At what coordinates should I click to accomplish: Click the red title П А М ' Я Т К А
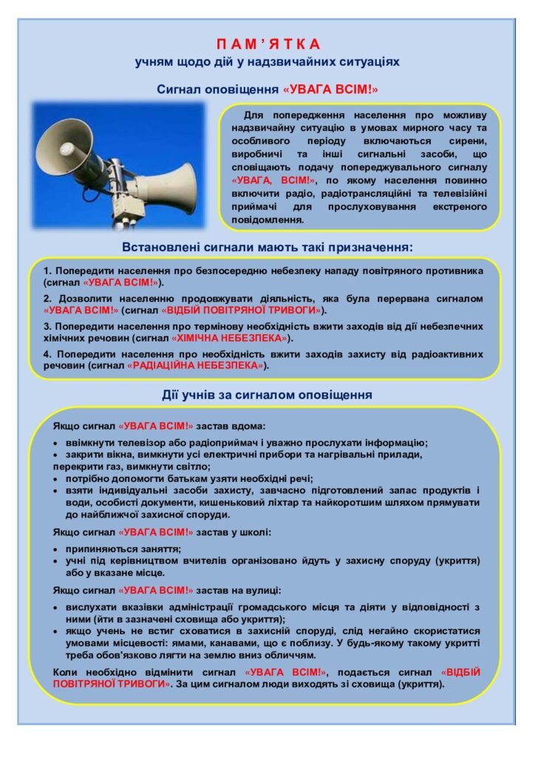pos(267,44)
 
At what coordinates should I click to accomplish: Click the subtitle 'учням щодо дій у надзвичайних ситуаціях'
pos(267,62)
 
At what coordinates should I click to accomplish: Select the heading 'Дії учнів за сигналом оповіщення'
pos(267,395)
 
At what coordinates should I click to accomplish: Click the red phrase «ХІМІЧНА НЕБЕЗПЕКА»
pos(229,338)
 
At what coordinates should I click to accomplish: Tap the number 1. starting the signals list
pos(47,271)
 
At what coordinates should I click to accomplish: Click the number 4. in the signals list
pos(47,354)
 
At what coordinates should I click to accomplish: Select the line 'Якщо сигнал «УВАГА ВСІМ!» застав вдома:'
pos(159,427)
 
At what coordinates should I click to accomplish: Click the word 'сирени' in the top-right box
pos(467,142)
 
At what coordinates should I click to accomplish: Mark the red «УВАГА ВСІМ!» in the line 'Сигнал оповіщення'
pos(330,89)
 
